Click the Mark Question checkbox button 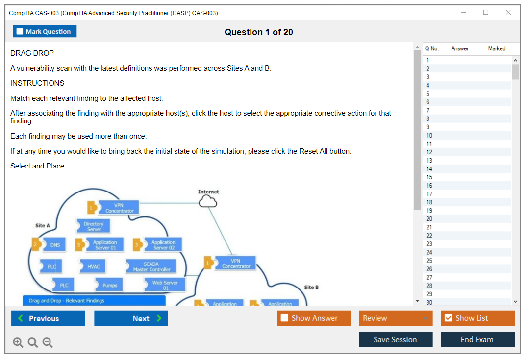[x=45, y=31]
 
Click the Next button [x=131, y=318]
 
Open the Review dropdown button [x=395, y=318]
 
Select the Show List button [x=477, y=318]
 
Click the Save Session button [x=395, y=339]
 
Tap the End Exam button [x=477, y=339]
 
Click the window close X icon [x=508, y=13]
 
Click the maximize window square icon [x=486, y=13]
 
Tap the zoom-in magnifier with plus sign [x=18, y=343]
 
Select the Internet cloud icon [x=208, y=201]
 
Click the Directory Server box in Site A [x=94, y=226]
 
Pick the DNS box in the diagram [x=54, y=245]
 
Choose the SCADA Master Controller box [x=151, y=266]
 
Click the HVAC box [x=93, y=266]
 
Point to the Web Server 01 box [x=165, y=285]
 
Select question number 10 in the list [x=429, y=135]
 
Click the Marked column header [x=497, y=48]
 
